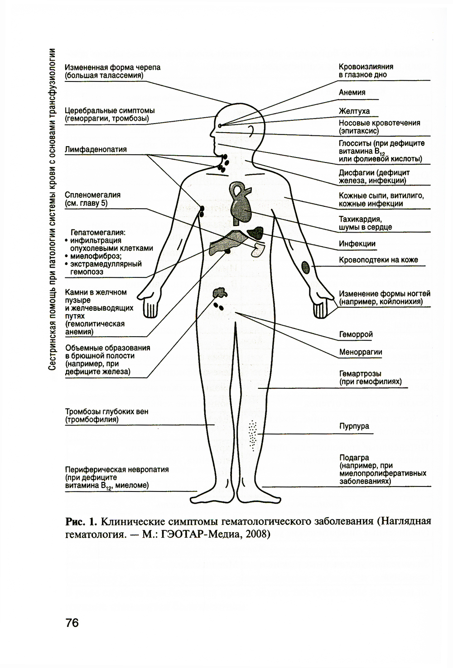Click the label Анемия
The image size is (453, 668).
click(x=352, y=92)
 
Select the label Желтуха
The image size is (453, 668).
click(x=354, y=111)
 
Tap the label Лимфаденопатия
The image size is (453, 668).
click(x=96, y=149)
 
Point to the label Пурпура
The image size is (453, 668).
click(x=354, y=426)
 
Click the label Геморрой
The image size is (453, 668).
click(x=356, y=334)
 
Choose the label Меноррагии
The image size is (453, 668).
click(x=361, y=352)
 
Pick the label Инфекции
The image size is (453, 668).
click(x=357, y=243)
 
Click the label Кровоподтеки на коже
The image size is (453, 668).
click(x=378, y=260)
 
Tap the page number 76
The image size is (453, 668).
click(x=72, y=623)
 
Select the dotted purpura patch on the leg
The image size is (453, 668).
click(x=252, y=435)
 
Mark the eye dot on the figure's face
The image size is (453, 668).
click(x=220, y=125)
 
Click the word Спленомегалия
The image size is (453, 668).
click(x=92, y=195)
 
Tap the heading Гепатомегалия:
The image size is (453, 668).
click(x=98, y=233)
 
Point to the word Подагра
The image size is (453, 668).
click(x=354, y=458)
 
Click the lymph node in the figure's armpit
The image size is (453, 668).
click(x=202, y=210)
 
